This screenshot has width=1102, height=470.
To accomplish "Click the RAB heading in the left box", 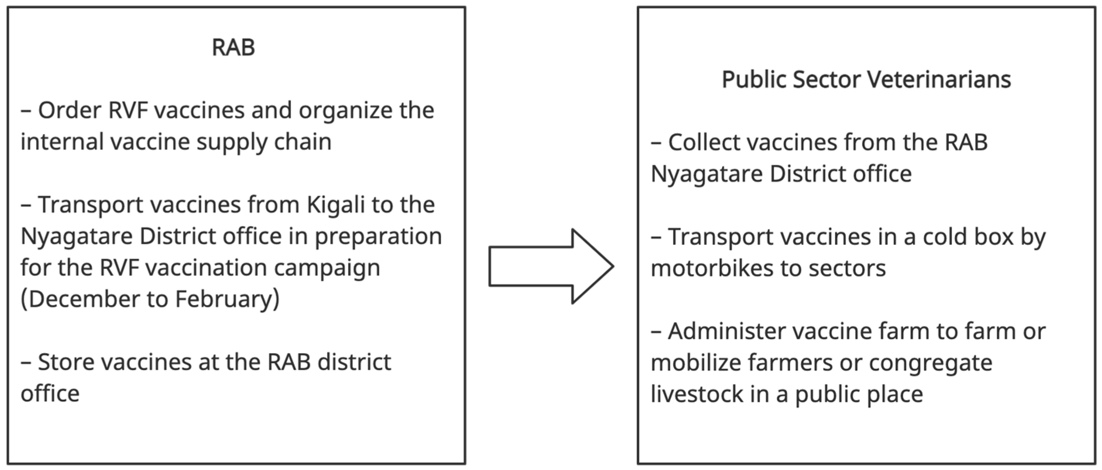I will click(x=233, y=47).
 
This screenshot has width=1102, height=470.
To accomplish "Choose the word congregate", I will click(x=930, y=363).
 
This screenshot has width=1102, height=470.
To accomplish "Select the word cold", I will click(x=946, y=236).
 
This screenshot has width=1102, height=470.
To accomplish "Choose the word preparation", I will click(x=378, y=236).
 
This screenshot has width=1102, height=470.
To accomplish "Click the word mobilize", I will click(x=696, y=363).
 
